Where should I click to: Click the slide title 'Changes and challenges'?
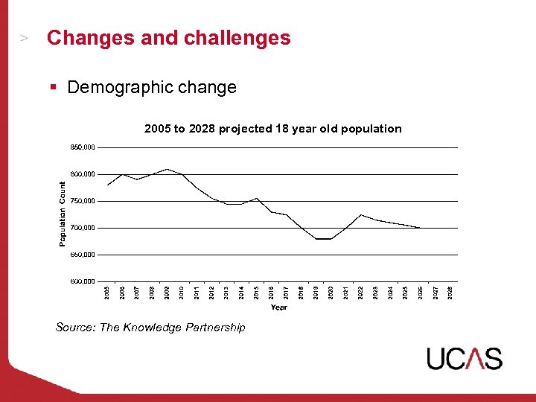pyautogui.click(x=168, y=38)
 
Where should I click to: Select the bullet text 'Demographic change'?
pyautogui.click(x=152, y=87)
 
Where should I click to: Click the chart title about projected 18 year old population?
pyautogui.click(x=272, y=129)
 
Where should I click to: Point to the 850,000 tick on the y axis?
pyautogui.click(x=83, y=147)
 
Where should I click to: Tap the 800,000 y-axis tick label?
pyautogui.click(x=83, y=174)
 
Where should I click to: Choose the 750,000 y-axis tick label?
pyautogui.click(x=83, y=201)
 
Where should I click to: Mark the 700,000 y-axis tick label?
pyautogui.click(x=83, y=228)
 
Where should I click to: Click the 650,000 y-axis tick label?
pyautogui.click(x=83, y=255)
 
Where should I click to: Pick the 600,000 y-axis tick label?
pyautogui.click(x=83, y=281)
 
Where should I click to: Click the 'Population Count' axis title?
pyautogui.click(x=63, y=213)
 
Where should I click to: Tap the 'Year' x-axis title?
pyautogui.click(x=279, y=307)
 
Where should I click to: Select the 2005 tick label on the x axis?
pyautogui.click(x=107, y=293)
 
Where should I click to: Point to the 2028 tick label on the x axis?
pyautogui.click(x=450, y=293)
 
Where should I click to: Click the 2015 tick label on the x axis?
pyautogui.click(x=256, y=293)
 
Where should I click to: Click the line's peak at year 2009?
pyautogui.click(x=167, y=169)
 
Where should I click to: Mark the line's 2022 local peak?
pyautogui.click(x=361, y=214)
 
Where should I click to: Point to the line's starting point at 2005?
pyautogui.click(x=108, y=185)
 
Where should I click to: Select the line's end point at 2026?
pyautogui.click(x=421, y=228)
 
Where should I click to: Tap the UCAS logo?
pyautogui.click(x=465, y=358)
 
